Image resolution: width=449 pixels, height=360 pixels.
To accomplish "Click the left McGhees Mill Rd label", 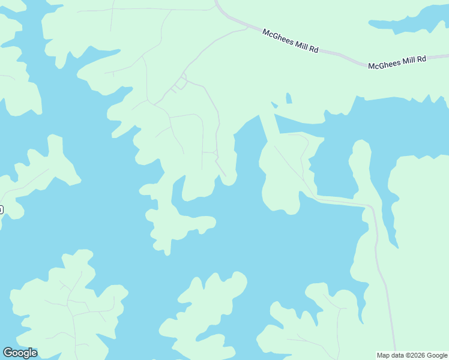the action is coord(290,41).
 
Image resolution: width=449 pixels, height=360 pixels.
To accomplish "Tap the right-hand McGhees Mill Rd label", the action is coord(397,62).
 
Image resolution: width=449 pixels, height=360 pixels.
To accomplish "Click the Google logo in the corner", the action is coord(20,352).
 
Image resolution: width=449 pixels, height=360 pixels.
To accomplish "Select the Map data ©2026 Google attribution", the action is coord(412,355).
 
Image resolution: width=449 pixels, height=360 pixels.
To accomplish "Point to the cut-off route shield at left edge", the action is coord(1,209).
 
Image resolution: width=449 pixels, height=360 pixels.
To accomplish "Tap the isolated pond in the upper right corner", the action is coord(408,21).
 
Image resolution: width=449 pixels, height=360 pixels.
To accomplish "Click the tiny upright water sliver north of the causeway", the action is coord(289,98).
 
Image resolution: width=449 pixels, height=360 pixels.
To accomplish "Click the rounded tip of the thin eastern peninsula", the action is coord(361,146).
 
